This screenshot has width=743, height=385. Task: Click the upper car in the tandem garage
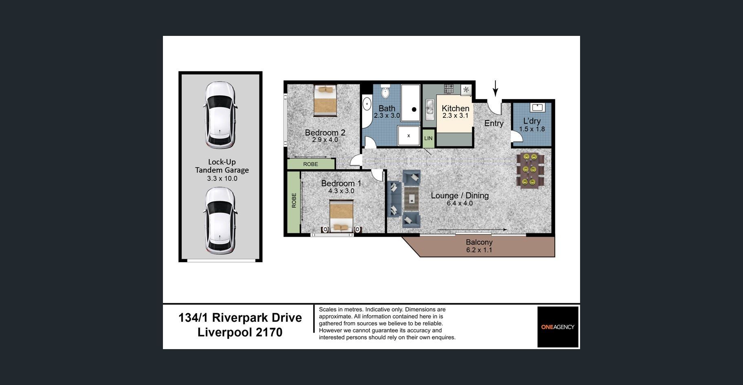pyautogui.click(x=220, y=115)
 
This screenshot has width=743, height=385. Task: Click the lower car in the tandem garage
pyautogui.click(x=220, y=221)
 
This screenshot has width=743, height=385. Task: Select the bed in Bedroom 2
pyautogui.click(x=325, y=100)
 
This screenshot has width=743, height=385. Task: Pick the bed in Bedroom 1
pyautogui.click(x=341, y=216)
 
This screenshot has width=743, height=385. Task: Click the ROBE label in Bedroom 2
pyautogui.click(x=310, y=164)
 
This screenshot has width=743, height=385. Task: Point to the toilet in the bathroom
pyautogui.click(x=385, y=91)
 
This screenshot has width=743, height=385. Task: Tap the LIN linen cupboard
pyautogui.click(x=428, y=138)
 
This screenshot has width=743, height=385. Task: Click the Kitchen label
pyautogui.click(x=455, y=108)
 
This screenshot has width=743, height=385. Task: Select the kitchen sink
pyautogui.click(x=429, y=108)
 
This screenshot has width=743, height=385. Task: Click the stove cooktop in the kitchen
pyautogui.click(x=449, y=89)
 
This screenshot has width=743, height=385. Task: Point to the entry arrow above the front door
pyautogui.click(x=495, y=88)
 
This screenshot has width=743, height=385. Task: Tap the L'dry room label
pyautogui.click(x=532, y=121)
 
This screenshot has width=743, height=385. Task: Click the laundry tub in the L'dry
pyautogui.click(x=537, y=107)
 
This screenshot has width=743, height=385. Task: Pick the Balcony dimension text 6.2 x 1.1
pyautogui.click(x=479, y=250)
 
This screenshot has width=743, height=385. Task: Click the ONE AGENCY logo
pyautogui.click(x=558, y=327)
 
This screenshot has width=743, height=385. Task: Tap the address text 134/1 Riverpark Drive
pyautogui.click(x=240, y=318)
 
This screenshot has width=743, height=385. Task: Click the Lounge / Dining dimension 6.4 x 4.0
pyautogui.click(x=459, y=203)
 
